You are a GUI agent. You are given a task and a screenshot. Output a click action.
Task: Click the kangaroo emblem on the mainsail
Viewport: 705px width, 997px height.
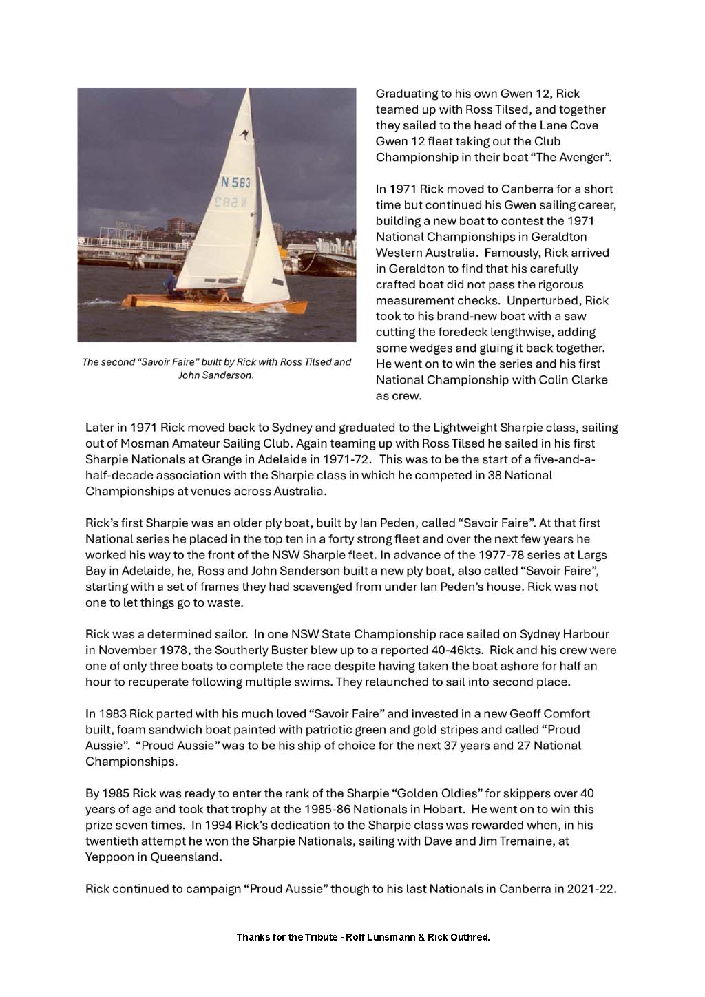[x=242, y=137]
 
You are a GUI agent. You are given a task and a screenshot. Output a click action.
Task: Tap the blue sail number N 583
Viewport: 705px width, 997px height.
[x=235, y=183]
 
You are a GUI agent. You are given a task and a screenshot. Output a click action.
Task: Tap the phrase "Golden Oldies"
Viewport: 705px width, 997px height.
[x=447, y=794]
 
